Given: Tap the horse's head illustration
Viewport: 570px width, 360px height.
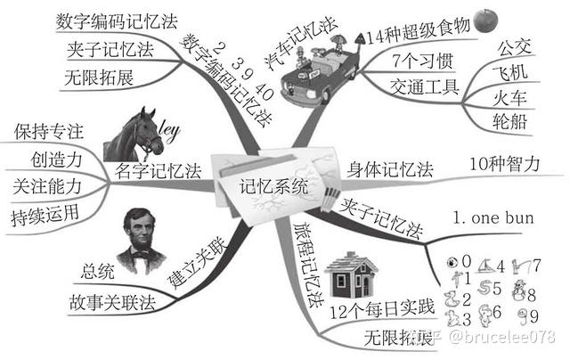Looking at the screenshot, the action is coord(134,135).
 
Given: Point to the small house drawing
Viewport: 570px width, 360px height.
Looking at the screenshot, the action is coord(351,275).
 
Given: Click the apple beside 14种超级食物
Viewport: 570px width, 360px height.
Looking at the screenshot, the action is coord(485,20).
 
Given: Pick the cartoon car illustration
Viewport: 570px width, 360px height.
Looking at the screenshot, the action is coord(320,73).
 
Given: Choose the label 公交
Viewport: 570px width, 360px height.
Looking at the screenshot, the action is coord(514,47).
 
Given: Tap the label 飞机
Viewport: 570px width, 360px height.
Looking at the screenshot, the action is coord(509,72).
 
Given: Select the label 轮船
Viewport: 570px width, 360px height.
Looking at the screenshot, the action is coord(509,121).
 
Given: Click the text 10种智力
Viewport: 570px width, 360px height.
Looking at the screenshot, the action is coord(504,164).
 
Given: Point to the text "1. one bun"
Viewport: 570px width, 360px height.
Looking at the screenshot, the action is coord(493,217).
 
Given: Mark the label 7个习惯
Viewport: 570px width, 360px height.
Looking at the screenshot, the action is coord(422,61).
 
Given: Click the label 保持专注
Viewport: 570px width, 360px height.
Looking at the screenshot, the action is coord(49,131).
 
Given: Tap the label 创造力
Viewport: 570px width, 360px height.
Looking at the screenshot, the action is coord(56,160).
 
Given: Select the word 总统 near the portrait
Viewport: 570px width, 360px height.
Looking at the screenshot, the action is coord(97,271).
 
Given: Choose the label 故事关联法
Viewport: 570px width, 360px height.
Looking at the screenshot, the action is coord(112,303).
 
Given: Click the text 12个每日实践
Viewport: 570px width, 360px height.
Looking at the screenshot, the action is coord(382,310).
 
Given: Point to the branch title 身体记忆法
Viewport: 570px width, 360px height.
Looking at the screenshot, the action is coord(390,169).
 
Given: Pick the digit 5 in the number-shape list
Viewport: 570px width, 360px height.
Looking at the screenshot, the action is coord(497,289).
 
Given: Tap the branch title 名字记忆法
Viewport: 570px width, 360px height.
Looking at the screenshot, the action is coord(158,171).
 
